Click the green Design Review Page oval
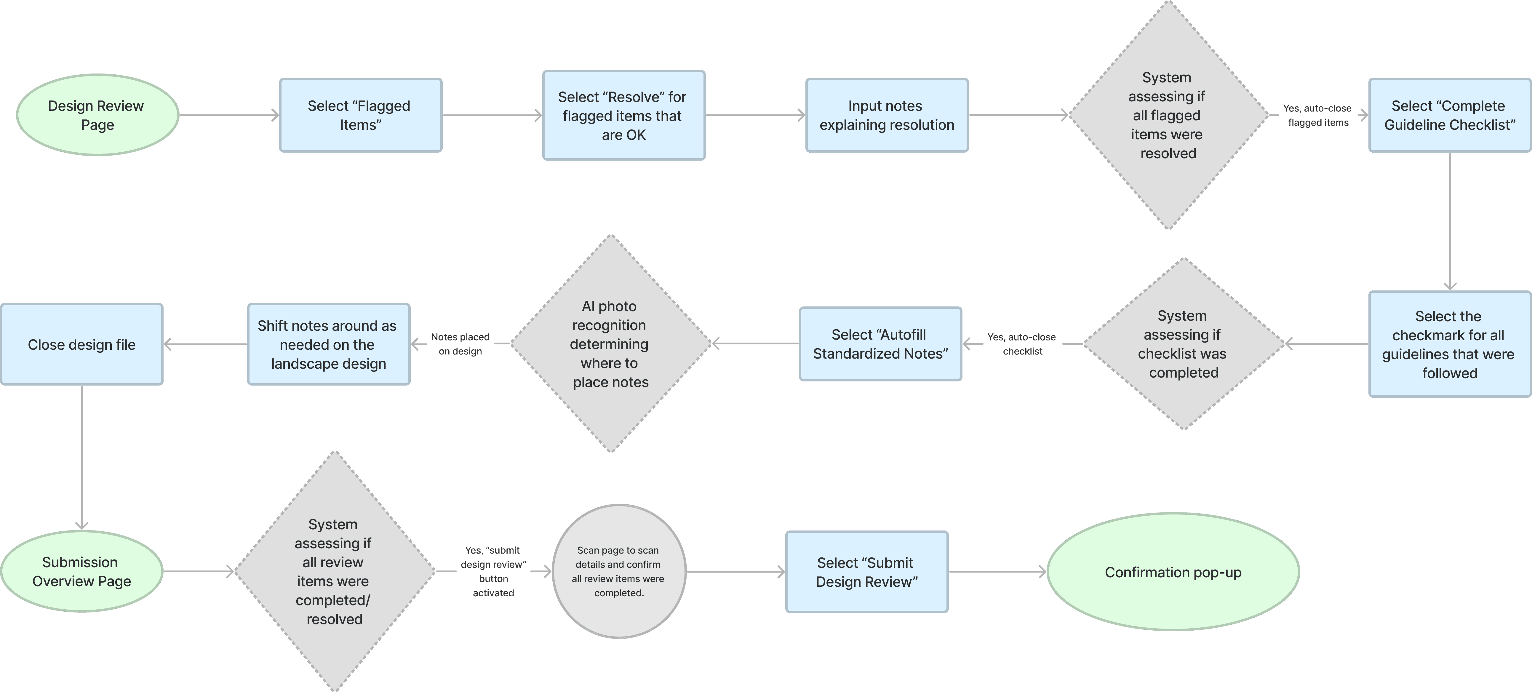click(97, 115)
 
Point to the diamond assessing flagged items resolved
click(1168, 115)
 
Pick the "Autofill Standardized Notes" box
click(880, 344)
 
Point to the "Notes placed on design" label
click(460, 344)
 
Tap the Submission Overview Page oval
click(81, 571)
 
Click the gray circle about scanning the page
click(619, 571)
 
